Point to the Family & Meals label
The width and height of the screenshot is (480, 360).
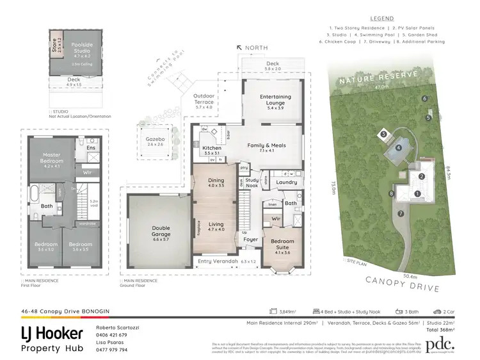(x=266, y=145)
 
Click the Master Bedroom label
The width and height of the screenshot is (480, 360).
(x=51, y=158)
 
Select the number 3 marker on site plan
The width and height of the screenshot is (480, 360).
(x=383, y=134)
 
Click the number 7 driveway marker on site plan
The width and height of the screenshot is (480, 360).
(x=401, y=213)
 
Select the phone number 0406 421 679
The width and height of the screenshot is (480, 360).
(x=112, y=335)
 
